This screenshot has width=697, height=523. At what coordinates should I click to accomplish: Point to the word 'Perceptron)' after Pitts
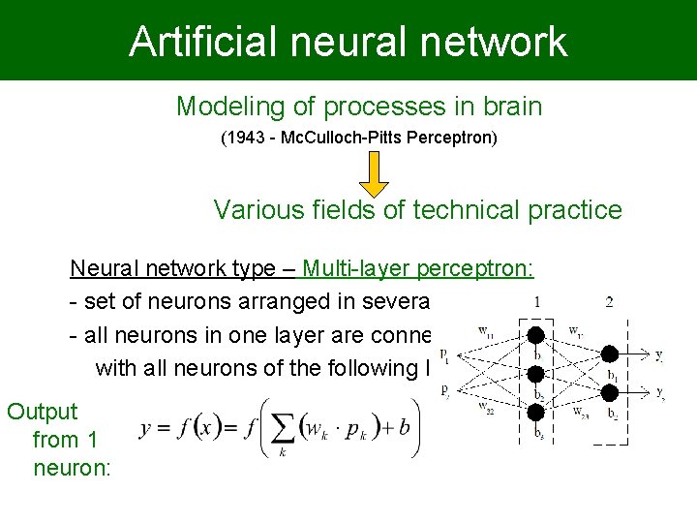(458, 138)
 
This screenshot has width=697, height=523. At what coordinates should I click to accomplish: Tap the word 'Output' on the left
(43, 411)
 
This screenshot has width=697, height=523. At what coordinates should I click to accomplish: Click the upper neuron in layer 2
(611, 354)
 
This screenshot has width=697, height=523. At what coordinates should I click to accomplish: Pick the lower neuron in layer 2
(611, 391)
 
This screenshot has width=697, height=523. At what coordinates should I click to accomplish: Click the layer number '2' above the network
(609, 302)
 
